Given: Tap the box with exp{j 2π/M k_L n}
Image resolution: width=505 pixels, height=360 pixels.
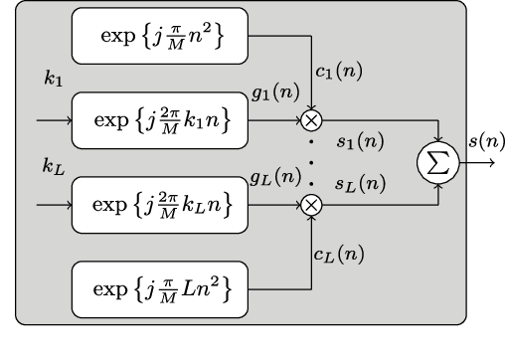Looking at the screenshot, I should [x=158, y=205].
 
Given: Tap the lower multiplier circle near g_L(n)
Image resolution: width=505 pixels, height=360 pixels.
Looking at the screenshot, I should [x=311, y=205].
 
